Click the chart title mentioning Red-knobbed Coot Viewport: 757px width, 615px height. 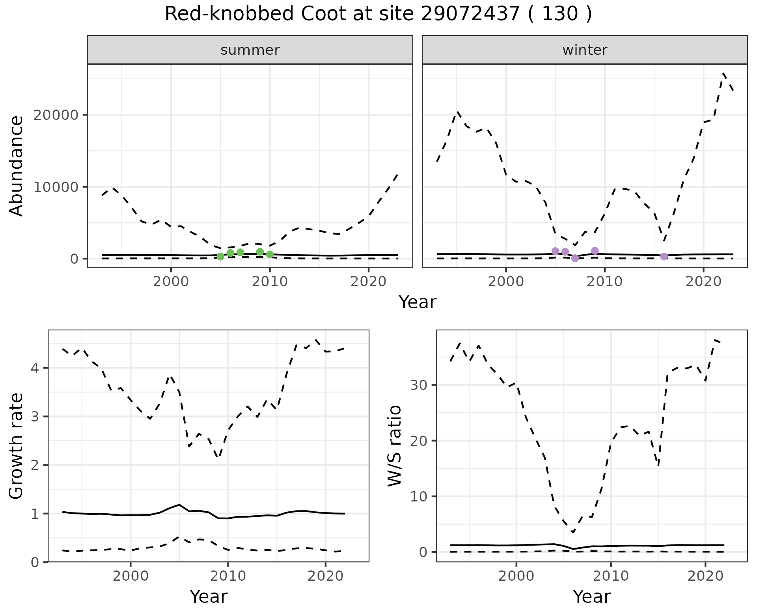click(x=378, y=15)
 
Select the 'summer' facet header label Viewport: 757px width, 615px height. click(x=250, y=50)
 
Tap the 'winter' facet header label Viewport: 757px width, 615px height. click(x=585, y=50)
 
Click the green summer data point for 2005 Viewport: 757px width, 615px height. click(x=220, y=256)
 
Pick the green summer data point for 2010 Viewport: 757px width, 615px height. click(x=270, y=254)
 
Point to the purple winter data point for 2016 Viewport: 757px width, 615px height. click(x=664, y=256)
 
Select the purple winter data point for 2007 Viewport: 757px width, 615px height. click(x=575, y=258)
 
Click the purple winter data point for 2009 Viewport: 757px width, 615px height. click(x=595, y=251)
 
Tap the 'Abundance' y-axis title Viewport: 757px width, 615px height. click(x=17, y=166)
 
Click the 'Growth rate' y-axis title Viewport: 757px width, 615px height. click(x=17, y=446)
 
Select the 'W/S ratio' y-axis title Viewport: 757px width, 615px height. click(x=395, y=446)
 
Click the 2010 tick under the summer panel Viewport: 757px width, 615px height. click(x=270, y=281)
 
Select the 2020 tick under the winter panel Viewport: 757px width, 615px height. click(x=703, y=281)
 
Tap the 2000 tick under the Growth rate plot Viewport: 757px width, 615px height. click(x=131, y=576)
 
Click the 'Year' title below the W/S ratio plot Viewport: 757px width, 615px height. click(x=591, y=596)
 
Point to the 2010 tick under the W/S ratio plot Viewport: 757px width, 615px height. click(x=611, y=576)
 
